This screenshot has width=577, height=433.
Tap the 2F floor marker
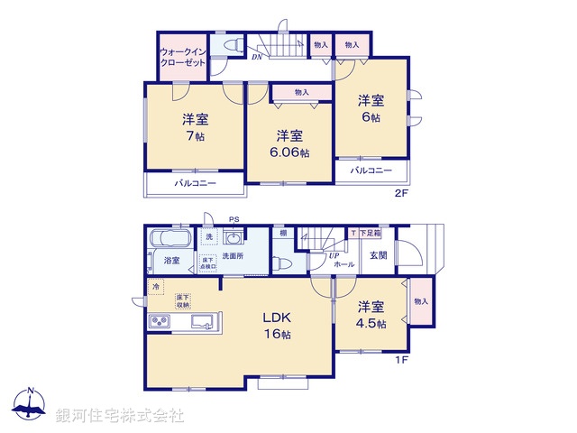tap(402, 192)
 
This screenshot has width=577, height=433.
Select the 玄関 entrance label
tap(379, 254)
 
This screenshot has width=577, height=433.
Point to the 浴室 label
tap(171, 261)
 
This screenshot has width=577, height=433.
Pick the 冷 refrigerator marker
tap(155, 287)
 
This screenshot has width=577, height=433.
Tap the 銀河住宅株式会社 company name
tap(120, 415)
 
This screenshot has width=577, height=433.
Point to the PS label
tap(234, 219)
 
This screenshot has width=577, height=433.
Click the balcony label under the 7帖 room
tap(196, 183)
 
